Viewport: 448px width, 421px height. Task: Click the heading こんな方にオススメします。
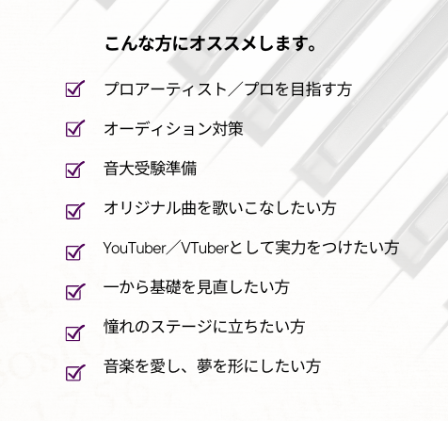point(210,43)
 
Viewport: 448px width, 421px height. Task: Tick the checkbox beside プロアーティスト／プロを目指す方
point(74,89)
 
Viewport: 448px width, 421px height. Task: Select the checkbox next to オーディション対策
point(74,129)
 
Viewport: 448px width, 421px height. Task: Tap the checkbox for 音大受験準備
point(74,170)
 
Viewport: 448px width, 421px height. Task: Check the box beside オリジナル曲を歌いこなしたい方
point(74,211)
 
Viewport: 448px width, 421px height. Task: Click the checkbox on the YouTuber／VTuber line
point(74,252)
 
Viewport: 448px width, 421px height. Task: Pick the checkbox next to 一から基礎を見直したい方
point(74,292)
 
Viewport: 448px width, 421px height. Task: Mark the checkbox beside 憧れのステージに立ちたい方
point(74,332)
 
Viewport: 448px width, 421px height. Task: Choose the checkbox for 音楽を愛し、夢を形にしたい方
point(74,373)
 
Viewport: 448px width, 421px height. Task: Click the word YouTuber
point(135,248)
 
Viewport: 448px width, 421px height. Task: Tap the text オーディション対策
point(173,129)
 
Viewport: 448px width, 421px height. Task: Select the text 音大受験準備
point(151,169)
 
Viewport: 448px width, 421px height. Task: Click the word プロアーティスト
point(166,89)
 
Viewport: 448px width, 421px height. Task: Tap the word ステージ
point(182,327)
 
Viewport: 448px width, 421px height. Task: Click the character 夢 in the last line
point(204,366)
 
